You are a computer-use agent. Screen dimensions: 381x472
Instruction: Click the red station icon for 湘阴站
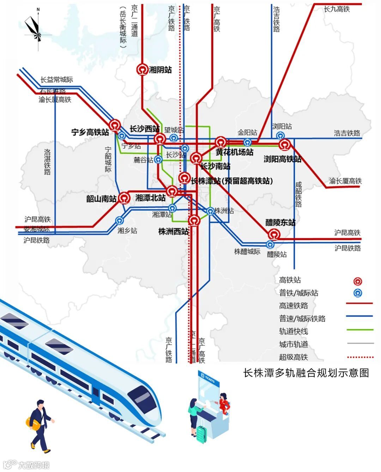(143, 70)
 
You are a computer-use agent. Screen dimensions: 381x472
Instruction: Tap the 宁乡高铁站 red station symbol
(115, 125)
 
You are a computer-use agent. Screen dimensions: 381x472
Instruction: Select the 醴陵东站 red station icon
(274, 234)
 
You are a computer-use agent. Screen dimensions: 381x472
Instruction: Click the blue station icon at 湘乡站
(120, 221)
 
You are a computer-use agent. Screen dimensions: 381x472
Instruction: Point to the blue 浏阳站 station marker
(280, 136)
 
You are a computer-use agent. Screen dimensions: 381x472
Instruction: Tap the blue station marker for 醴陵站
(270, 244)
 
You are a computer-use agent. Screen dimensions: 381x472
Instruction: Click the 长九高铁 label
(337, 9)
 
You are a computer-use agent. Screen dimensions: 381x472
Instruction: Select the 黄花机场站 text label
(235, 152)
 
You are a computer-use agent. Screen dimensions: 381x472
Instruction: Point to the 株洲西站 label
(173, 232)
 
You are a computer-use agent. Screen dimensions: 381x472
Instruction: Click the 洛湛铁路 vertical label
(47, 162)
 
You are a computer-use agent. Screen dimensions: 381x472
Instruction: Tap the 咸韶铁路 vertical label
(298, 194)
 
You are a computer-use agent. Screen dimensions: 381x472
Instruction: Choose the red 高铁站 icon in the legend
(358, 281)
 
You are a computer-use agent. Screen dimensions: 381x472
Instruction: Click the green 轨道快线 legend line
(359, 330)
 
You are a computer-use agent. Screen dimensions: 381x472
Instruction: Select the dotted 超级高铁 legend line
(360, 357)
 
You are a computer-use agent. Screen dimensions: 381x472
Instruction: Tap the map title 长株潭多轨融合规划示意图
(306, 373)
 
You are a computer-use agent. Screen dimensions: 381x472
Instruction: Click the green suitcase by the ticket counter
(201, 434)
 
